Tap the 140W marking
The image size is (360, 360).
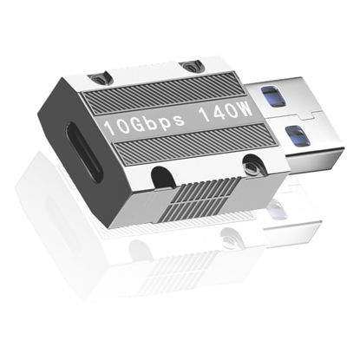226,112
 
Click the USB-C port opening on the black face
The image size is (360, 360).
85,152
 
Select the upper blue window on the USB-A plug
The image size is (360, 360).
273,96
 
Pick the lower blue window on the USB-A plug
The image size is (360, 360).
298,135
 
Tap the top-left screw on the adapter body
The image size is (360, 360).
99,78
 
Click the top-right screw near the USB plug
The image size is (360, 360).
190,67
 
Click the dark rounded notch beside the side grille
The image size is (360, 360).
162,177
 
